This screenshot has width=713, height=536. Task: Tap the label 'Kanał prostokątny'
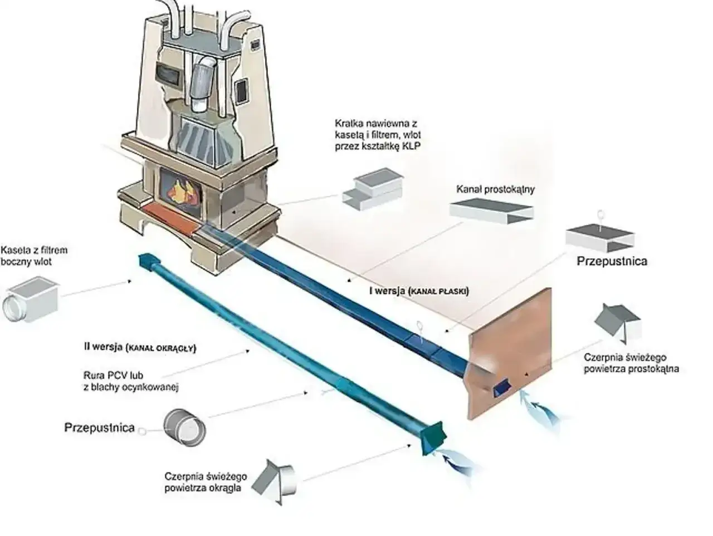[495, 189]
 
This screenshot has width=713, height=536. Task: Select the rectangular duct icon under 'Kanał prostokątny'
[491, 211]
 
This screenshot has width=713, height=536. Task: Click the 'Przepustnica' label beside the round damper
[99, 427]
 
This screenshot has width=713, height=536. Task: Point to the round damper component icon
[184, 427]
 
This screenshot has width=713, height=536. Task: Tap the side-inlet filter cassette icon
[31, 299]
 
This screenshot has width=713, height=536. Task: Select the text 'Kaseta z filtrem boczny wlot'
[34, 255]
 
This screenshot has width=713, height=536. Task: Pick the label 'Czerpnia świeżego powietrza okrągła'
[206, 482]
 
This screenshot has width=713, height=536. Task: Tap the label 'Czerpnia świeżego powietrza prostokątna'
[631, 363]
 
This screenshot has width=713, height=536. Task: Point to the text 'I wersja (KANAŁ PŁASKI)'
[419, 291]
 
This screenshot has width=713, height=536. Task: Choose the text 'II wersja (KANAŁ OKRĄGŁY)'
[140, 347]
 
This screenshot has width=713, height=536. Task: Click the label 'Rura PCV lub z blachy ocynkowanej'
[131, 381]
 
